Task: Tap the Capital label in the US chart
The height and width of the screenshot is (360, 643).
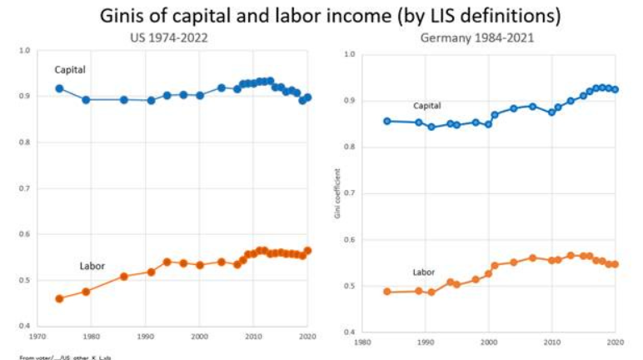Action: click(70, 68)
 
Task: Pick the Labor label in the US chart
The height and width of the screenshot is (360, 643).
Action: click(92, 267)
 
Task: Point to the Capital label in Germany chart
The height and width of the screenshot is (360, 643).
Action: click(427, 106)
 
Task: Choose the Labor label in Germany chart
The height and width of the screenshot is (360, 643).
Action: click(424, 272)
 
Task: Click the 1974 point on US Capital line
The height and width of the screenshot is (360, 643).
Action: click(59, 88)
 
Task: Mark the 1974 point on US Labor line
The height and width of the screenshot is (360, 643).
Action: click(59, 298)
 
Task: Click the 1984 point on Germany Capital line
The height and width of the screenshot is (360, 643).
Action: click(387, 121)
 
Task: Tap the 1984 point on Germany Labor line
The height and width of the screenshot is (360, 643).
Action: click(387, 292)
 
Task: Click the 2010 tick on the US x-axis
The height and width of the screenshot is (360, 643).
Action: click(252, 337)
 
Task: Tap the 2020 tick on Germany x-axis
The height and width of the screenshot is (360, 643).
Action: click(616, 342)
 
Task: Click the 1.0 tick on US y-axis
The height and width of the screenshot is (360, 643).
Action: click(25, 51)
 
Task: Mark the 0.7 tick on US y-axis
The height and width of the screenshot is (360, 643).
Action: click(25, 188)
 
